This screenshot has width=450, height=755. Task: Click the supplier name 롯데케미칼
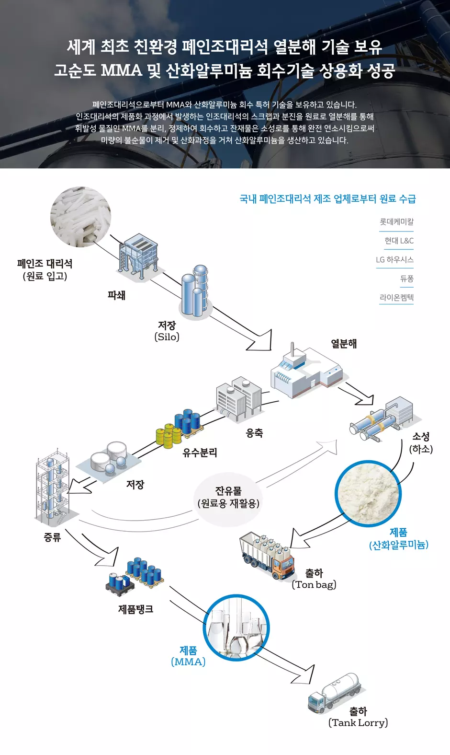396,222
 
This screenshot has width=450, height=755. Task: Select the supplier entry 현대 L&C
399,241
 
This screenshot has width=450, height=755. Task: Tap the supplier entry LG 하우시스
394,259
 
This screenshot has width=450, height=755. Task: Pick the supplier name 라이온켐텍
396,297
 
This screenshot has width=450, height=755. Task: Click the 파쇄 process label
116,295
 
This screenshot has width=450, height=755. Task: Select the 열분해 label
344,344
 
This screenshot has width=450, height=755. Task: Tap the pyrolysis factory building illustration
306,371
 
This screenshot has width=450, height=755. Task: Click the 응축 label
254,433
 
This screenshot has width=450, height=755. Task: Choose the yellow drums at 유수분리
169,436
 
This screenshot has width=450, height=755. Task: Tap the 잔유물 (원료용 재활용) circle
228,499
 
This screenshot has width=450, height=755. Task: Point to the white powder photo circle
368,494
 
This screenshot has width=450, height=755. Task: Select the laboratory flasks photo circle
236,627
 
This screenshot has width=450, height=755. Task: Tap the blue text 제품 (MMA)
188,656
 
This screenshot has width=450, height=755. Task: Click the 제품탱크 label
135,609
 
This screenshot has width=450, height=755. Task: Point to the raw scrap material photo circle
81,217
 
